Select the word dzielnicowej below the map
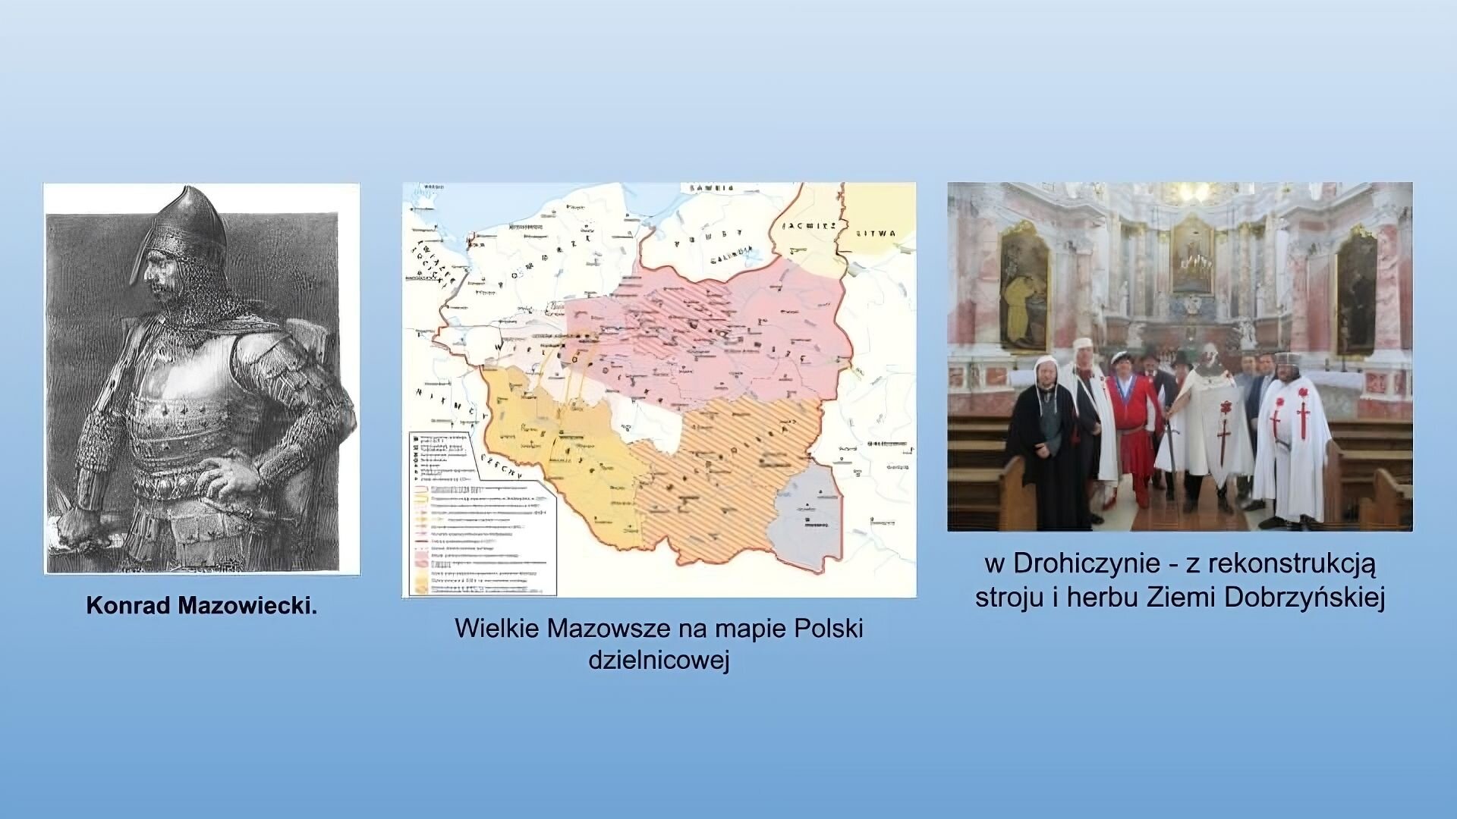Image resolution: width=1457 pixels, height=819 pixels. pyautogui.click(x=659, y=660)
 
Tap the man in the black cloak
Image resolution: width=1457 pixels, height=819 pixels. pyautogui.click(x=1046, y=447)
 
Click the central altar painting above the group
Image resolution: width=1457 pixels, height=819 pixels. pyautogui.click(x=1192, y=254)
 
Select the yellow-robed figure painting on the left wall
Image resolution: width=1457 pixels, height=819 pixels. pyautogui.click(x=1024, y=288)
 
